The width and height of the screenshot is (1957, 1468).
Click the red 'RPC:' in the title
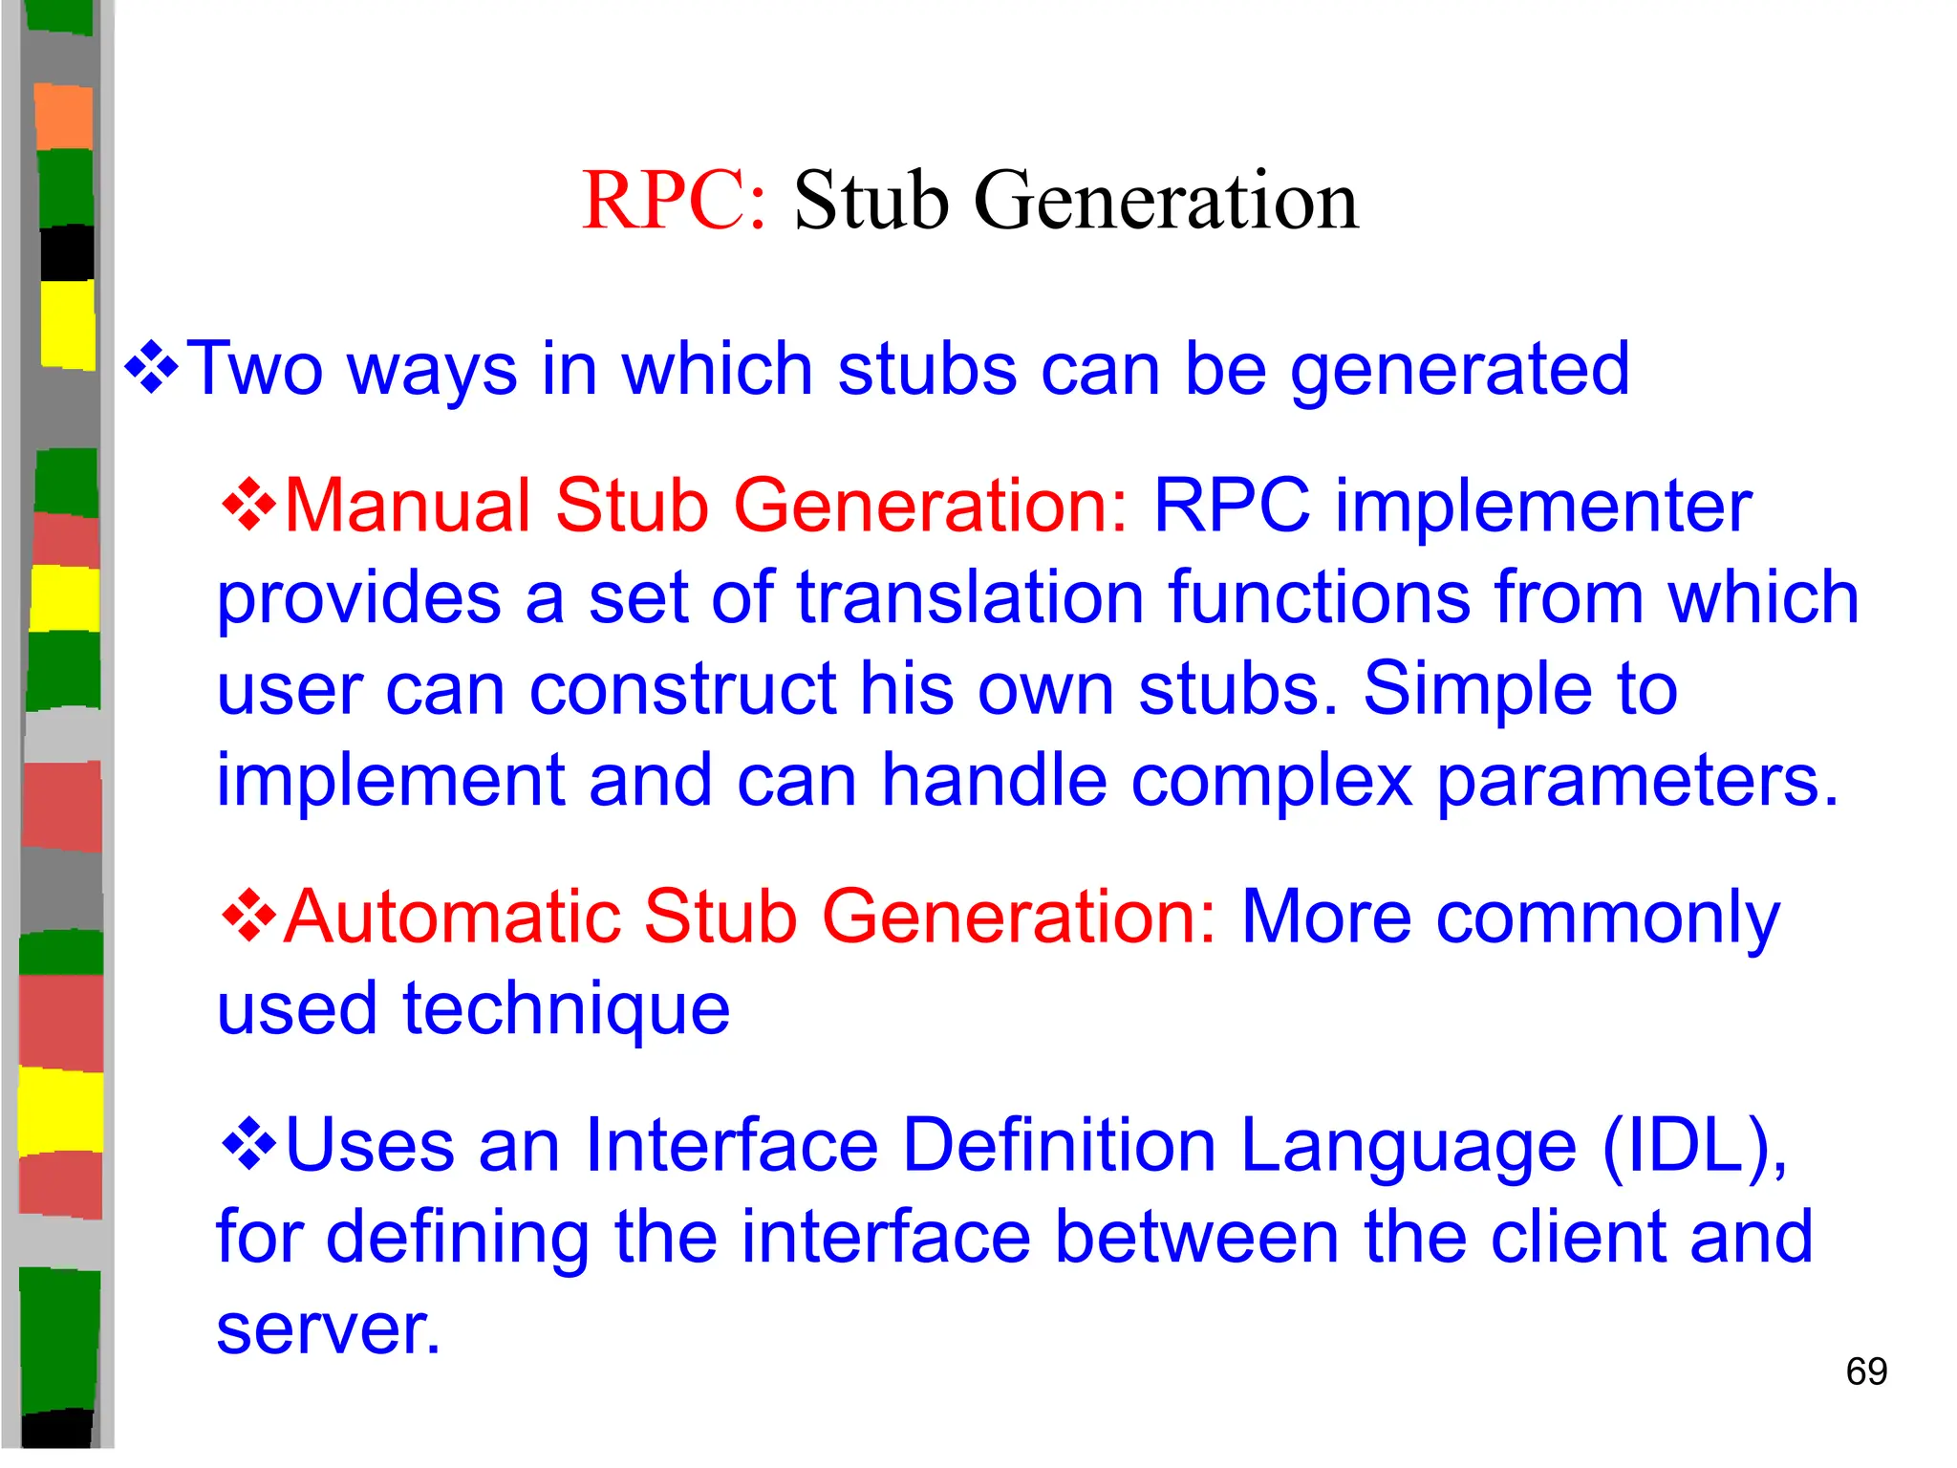[x=674, y=201]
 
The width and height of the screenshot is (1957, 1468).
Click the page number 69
[x=1866, y=1371]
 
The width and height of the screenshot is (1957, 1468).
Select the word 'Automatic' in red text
[x=452, y=917]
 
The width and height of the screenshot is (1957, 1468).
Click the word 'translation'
[x=971, y=596]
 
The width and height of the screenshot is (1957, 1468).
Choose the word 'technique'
[x=567, y=1009]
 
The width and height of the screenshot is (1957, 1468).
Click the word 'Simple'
[x=1477, y=689]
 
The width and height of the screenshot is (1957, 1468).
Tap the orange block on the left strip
[x=64, y=118]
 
